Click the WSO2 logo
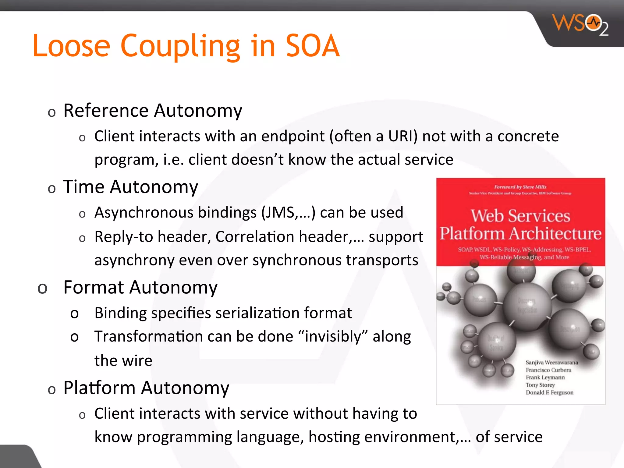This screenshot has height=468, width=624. pyautogui.click(x=580, y=24)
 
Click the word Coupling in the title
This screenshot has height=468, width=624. pyautogui.click(x=180, y=46)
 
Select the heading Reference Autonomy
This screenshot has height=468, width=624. pyautogui.click(x=152, y=110)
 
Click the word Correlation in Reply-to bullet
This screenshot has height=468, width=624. pyautogui.click(x=255, y=237)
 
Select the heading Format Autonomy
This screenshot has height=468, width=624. pyautogui.click(x=140, y=287)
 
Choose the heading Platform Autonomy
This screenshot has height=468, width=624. pyautogui.click(x=146, y=388)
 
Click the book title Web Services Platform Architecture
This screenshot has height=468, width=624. pyautogui.click(x=520, y=225)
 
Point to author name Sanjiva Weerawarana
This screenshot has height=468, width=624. pyautogui.click(x=551, y=363)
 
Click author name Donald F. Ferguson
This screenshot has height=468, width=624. pyautogui.click(x=549, y=392)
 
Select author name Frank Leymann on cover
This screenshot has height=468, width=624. pyautogui.click(x=545, y=378)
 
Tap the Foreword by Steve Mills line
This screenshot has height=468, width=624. pyautogui.click(x=520, y=187)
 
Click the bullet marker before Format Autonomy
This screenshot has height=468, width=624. pyautogui.click(x=42, y=288)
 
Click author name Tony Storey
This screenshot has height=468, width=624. pyautogui.click(x=540, y=385)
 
